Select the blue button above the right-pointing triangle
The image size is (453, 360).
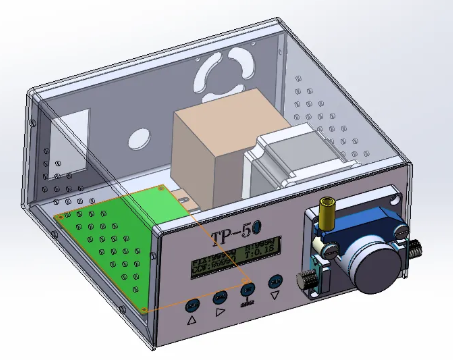[219, 297]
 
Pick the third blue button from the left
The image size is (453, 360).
[247, 291]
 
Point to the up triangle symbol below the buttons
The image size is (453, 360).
[192, 322]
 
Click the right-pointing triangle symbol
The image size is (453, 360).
[220, 313]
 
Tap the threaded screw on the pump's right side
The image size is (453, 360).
[414, 250]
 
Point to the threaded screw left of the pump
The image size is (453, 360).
[308, 281]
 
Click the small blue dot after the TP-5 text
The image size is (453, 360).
[258, 233]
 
